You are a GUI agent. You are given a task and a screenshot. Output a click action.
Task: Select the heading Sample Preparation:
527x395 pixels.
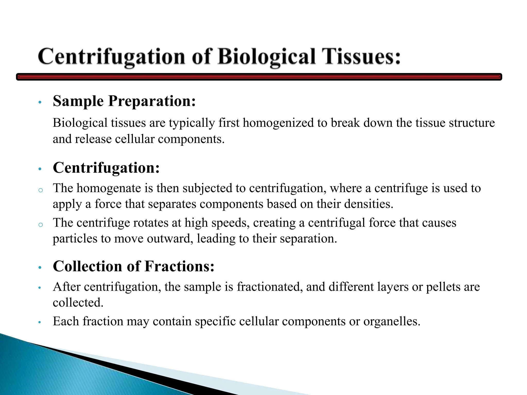click(x=124, y=101)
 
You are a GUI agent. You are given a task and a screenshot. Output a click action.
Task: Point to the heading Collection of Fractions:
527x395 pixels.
click(x=134, y=266)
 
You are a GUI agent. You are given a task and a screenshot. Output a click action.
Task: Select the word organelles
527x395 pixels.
click(x=391, y=321)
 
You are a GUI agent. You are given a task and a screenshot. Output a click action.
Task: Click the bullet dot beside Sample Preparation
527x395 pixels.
click(x=40, y=102)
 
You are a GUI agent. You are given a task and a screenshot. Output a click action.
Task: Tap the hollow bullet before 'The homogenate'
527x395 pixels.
click(x=40, y=190)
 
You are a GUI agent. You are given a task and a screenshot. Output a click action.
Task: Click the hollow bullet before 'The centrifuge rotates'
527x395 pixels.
click(x=40, y=225)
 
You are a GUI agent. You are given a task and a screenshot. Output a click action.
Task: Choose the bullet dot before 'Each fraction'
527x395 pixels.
click(x=40, y=322)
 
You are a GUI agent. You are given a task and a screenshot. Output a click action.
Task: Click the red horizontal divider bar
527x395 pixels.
click(x=259, y=77)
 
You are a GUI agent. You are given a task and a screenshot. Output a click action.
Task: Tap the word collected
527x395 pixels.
click(x=78, y=303)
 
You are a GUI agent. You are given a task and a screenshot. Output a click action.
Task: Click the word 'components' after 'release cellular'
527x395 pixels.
click(x=191, y=139)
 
